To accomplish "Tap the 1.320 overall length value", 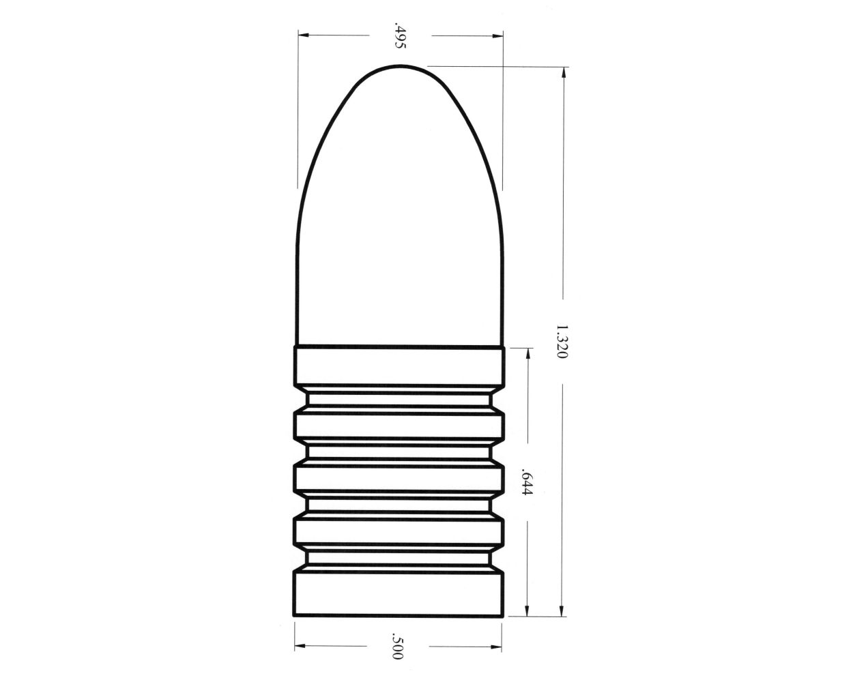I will coord(561,342).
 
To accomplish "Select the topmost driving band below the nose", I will coord(400,368).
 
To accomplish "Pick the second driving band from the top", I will coord(400,424).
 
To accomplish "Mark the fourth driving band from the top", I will coord(400,531).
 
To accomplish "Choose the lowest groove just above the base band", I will coord(400,559).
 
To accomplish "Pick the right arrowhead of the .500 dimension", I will coord(500,644).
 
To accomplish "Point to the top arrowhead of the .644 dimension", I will coord(527,353).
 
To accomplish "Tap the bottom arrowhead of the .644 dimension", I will coord(527,613).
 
